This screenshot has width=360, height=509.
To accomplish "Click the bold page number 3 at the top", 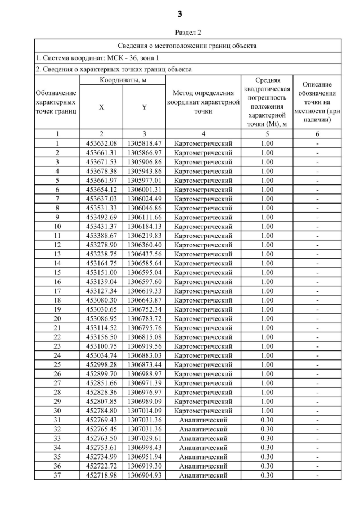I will coord(180,13).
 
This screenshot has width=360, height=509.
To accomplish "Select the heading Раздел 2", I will coord(180,33).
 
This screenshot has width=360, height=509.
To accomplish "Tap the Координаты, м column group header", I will coord(123,81).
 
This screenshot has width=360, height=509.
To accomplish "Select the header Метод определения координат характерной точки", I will coord(203,102).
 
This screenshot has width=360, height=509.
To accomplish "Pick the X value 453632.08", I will coord(101,143).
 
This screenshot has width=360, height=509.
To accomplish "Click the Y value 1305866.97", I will coord(145,152).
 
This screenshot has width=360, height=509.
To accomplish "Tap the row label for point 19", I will coord(57,309).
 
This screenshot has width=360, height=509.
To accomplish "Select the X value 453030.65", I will coord(101,309).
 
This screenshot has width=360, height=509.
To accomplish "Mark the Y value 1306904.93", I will coord(145,475).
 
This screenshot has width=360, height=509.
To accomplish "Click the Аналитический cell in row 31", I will coord(203,420).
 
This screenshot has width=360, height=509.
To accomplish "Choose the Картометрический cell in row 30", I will coord(203,411).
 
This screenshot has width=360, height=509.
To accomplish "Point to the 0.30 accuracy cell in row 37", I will coord(267,475).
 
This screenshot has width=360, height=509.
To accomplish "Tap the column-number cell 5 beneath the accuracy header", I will coord(267,134).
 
